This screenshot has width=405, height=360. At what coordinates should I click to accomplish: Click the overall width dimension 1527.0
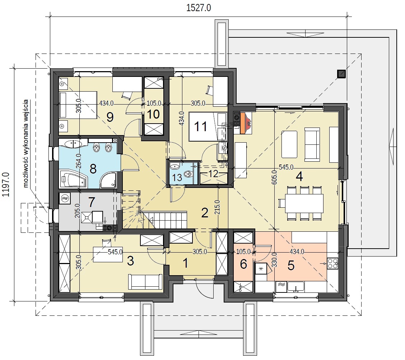tap(198, 8)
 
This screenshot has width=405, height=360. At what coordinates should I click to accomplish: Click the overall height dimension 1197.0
tap(6, 185)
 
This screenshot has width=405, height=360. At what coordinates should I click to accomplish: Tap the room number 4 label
tap(299, 177)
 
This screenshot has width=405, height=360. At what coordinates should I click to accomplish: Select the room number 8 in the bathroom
tap(93, 169)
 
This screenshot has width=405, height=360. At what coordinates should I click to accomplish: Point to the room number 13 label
tap(177, 177)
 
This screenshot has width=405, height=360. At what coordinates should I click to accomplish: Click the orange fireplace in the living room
tap(243, 123)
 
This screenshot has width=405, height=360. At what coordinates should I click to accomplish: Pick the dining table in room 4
tap(304, 203)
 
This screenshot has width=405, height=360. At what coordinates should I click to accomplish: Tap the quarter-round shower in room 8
tap(108, 179)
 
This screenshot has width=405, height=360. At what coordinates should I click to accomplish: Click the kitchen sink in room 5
tap(295, 287)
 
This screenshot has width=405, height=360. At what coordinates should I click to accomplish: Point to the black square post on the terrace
tap(341, 74)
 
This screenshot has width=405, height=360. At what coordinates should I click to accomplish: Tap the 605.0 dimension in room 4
tap(274, 177)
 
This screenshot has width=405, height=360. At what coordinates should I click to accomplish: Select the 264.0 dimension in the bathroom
tap(79, 161)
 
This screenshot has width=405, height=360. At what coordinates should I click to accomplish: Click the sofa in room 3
tap(145, 282)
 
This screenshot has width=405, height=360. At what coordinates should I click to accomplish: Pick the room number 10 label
tap(153, 114)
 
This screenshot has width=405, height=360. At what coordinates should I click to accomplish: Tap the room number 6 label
tap(243, 264)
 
